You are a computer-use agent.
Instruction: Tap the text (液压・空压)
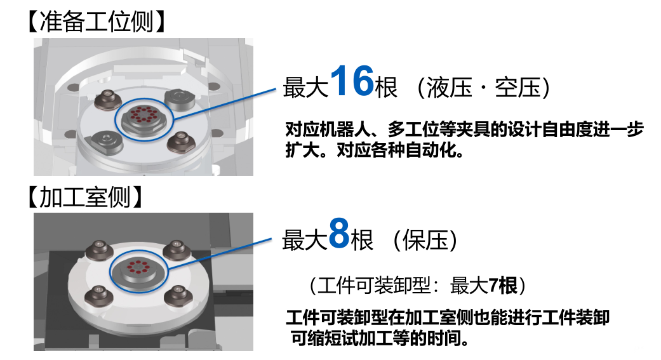483,88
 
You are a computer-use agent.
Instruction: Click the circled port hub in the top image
144,117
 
